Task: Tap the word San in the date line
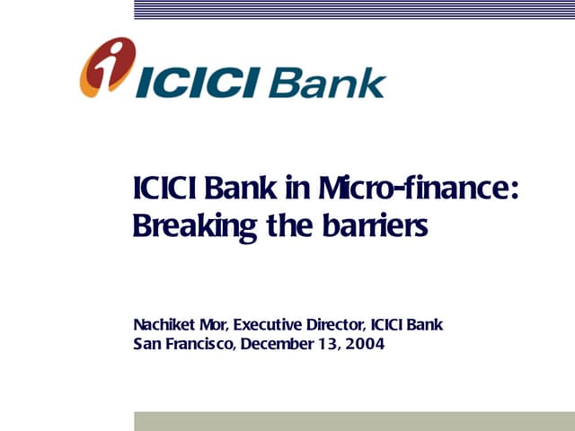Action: coord(147,343)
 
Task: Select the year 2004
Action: coord(366,343)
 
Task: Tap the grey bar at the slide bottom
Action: coord(354,421)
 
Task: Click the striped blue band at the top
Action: coord(354,9)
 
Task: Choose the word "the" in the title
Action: coord(287,225)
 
